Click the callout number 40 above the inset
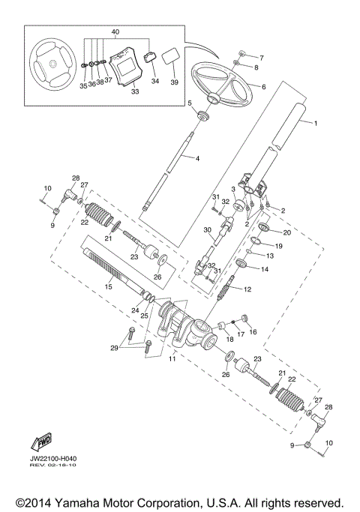point(115,31)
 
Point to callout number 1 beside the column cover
point(316,123)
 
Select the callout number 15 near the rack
point(109,286)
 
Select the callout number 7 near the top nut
point(262,57)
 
